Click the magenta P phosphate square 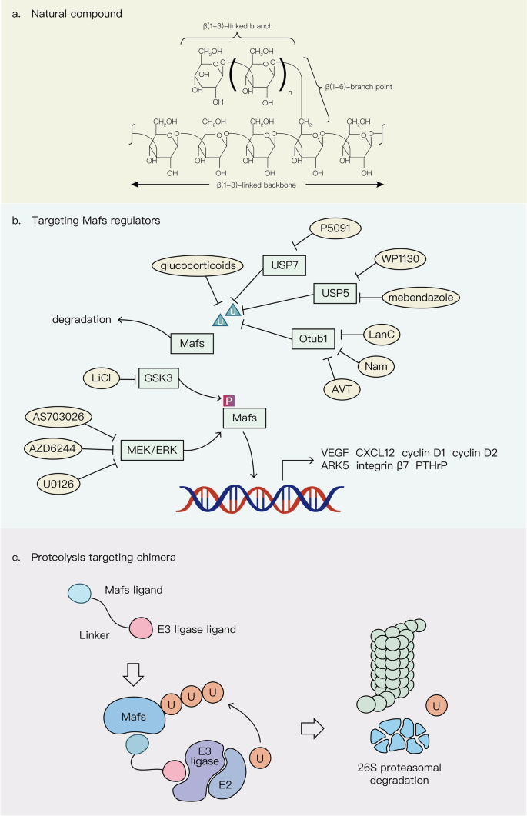pyautogui.click(x=228, y=401)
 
